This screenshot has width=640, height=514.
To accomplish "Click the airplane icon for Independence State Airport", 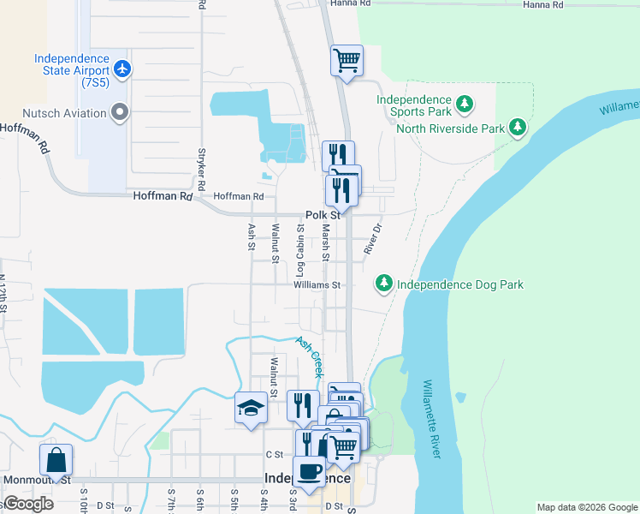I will coord(123,68).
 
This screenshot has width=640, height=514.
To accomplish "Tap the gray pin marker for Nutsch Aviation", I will coord(120,112).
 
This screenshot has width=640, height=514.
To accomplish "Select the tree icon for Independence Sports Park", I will coord(465,105).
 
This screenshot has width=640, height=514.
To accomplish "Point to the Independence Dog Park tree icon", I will coord(384,284).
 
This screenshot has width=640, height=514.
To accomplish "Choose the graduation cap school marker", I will coord(251,409).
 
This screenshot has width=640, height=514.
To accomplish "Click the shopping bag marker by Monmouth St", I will coord(56,459).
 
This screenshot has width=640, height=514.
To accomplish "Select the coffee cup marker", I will coord(308,471).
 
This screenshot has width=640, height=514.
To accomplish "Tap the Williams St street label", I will coord(317,284).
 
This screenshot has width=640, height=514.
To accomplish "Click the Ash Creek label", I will coord(309,356).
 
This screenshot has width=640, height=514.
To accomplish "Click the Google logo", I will coord(28,504).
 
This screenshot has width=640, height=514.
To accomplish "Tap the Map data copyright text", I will coord(586,507).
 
